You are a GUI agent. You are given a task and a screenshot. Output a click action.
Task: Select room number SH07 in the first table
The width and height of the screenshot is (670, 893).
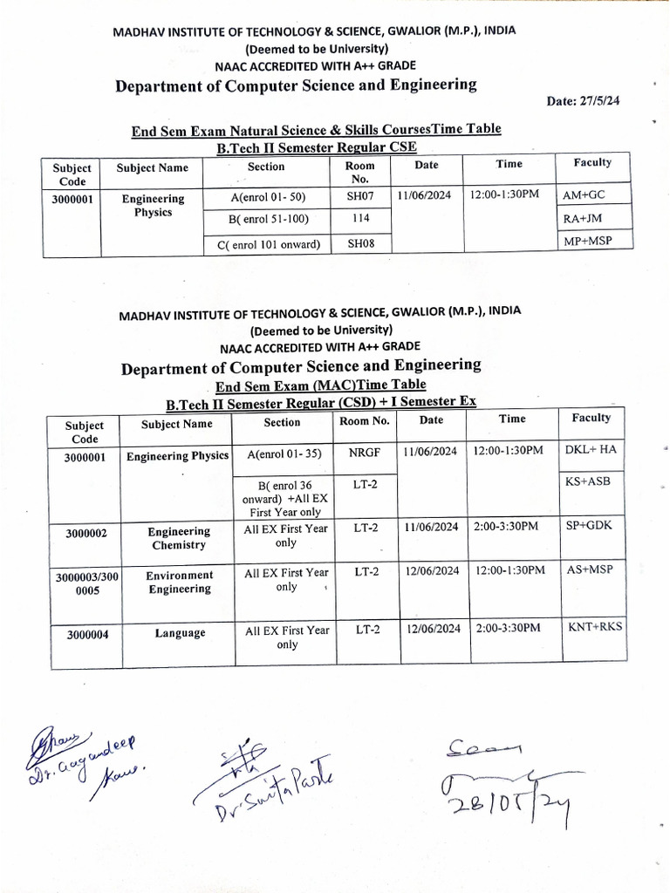360,196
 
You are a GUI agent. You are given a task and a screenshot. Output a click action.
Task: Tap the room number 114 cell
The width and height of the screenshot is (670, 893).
360,219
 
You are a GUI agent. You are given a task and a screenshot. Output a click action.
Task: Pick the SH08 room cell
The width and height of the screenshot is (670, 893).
360,244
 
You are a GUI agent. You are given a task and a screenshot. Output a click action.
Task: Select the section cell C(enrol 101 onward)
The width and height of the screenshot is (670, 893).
268,245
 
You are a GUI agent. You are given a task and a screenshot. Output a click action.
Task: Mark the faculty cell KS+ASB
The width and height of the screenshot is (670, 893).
591,481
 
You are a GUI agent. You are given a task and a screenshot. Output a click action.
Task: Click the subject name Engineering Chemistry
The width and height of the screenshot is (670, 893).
178,538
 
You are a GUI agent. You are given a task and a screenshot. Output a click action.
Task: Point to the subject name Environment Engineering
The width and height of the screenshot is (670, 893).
179,582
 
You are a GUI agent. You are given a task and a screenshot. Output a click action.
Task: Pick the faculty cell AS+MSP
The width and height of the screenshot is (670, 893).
591,569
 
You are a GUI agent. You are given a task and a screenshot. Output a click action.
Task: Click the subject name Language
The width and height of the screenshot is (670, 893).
180,633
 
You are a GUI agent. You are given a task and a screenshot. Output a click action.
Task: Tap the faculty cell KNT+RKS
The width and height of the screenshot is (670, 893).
595,627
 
